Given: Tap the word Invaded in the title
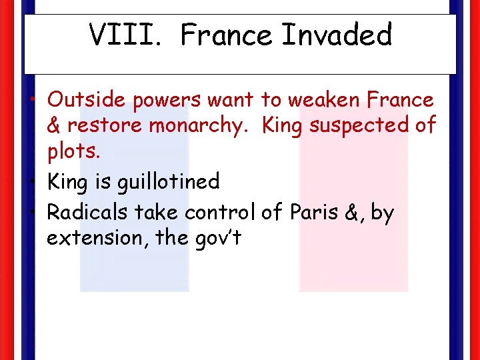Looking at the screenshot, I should [337, 35].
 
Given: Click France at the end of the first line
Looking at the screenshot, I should [401, 100].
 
